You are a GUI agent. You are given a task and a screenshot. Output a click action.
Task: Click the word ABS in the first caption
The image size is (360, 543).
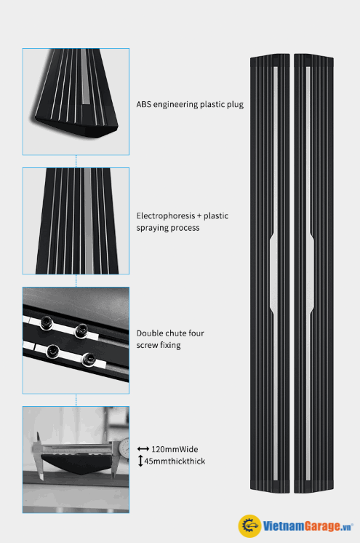pos(144,104)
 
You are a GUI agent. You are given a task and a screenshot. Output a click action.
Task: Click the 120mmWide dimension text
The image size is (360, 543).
pos(175,449)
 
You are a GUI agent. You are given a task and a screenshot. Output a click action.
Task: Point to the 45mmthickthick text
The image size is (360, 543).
pos(175,461)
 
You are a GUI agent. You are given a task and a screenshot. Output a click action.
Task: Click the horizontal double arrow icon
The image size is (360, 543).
pos(143,449)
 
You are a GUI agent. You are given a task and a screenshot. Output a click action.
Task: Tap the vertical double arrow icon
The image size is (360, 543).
pos(140,461)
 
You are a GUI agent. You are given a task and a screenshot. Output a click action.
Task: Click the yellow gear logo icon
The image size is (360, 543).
pos(249,526)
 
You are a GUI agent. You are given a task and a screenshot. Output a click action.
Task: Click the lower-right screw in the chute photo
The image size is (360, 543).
pos(88,359)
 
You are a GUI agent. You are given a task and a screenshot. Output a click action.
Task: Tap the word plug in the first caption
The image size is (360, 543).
pos(236,105)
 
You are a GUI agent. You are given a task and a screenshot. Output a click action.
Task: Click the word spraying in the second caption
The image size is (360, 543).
pos(151,228)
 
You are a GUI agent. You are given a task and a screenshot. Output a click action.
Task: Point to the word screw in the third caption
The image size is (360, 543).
pos(147,345)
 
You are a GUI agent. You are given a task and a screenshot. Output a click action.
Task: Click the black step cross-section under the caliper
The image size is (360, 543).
pos(76,464)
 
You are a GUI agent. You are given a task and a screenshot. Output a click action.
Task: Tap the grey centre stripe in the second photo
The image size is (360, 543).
pos(88,221)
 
